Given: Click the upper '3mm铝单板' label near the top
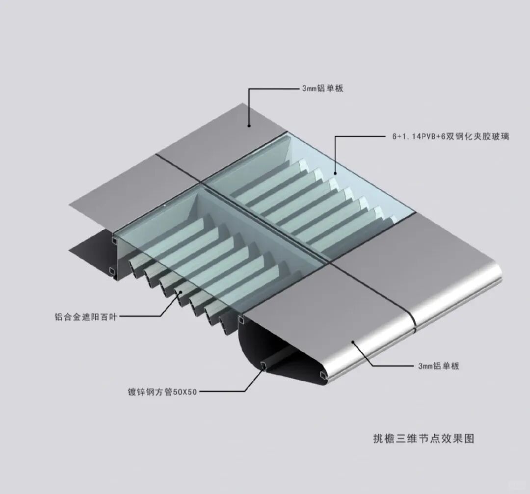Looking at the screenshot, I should [322, 89].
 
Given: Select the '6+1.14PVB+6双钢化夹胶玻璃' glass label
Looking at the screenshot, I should [450, 137].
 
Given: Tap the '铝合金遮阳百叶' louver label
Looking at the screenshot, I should [86, 317].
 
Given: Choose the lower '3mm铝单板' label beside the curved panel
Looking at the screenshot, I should [438, 366].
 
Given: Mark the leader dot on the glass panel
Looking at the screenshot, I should [336, 172].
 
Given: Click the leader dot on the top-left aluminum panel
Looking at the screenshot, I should [249, 126].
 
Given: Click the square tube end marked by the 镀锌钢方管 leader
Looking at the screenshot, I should [265, 365].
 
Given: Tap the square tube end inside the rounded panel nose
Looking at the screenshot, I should [322, 376].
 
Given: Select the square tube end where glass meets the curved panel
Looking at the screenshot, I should [241, 320].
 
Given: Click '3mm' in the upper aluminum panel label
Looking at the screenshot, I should [310, 89].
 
